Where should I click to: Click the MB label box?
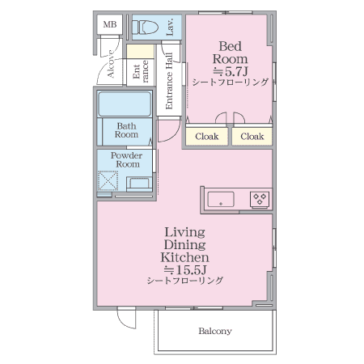point(110,24)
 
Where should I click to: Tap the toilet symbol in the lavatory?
point(145,28)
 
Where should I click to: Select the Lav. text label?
point(170,27)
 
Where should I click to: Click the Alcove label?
point(111,64)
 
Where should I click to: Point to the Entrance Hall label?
point(169,81)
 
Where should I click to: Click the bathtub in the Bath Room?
point(125,104)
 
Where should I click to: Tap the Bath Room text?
point(126,130)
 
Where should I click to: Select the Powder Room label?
point(126,159)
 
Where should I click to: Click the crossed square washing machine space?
point(108,180)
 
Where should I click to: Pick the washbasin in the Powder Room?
point(139,184)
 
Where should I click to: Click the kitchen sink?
point(221,199)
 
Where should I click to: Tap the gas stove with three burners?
point(260,200)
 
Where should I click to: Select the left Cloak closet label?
point(207,137)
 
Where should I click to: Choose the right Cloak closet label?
point(252,137)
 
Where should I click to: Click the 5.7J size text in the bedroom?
point(231,71)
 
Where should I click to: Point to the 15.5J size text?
point(185,269)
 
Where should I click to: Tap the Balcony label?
point(215,331)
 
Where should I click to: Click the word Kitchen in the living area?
point(185,257)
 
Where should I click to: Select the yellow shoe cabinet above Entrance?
point(140,52)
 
